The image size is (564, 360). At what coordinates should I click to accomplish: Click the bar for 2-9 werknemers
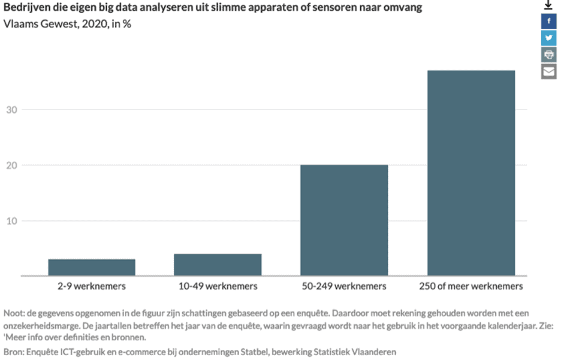[92, 267]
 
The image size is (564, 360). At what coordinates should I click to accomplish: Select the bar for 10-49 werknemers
[218, 265]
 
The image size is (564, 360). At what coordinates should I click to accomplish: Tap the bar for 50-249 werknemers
[344, 220]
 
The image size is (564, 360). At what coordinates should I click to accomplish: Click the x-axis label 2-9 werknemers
[92, 286]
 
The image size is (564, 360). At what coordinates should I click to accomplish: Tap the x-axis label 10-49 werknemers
[218, 286]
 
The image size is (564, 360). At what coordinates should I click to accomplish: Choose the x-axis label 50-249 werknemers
[344, 286]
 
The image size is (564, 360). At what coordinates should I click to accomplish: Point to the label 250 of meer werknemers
[470, 286]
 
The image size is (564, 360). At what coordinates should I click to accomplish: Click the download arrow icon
[548, 5]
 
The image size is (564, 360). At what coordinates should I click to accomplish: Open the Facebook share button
[548, 22]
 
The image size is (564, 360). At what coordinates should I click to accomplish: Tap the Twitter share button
[548, 38]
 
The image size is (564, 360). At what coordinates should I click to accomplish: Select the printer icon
[548, 55]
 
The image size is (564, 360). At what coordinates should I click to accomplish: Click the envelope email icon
[548, 71]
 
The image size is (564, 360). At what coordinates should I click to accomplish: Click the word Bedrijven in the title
[25, 9]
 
